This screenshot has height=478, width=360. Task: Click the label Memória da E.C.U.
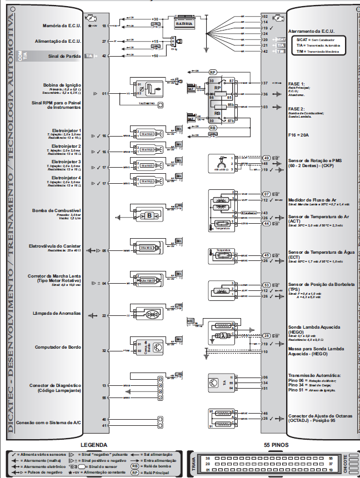pyautogui.click(x=62, y=26)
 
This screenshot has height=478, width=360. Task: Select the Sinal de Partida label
pyautogui.click(x=66, y=56)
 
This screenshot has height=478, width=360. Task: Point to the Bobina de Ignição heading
pyautogui.click(x=63, y=85)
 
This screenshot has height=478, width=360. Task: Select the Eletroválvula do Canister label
pyautogui.click(x=55, y=246)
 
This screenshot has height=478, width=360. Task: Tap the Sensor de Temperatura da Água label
pyautogui.click(x=318, y=255)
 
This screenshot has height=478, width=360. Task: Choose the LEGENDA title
pyautogui.click(x=93, y=445)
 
